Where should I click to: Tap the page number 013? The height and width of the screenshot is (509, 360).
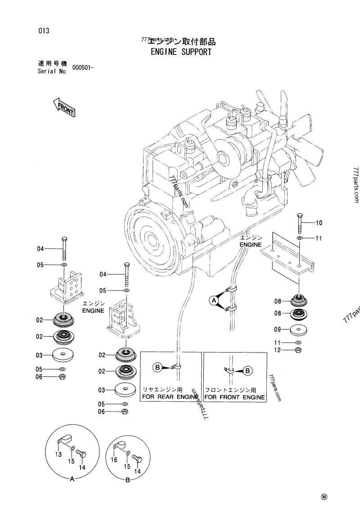coord(43,31)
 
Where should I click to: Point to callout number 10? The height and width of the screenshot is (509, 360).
coord(319,223)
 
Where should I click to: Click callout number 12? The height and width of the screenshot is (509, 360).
coord(278,350)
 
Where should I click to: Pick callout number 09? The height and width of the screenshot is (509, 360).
coord(278,330)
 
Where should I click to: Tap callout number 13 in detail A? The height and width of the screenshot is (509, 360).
coord(58,455)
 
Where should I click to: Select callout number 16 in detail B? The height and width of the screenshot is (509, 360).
coord(114,460)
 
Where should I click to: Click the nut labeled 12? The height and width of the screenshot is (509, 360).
coord(297,350)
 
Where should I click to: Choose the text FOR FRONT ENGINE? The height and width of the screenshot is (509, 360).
coord(234,397)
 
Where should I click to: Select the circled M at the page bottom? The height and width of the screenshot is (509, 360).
coord(324,496)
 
